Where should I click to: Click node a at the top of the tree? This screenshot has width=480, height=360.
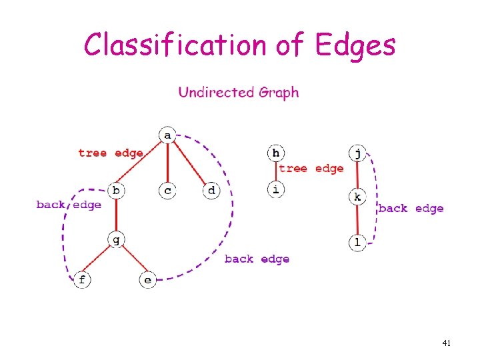pos(167,135)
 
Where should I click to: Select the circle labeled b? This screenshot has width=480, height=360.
pos(116,191)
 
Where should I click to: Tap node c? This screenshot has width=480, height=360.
pos(167,191)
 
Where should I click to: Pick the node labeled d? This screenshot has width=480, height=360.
pos(211,191)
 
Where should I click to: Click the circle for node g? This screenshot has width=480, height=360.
pos(116,239)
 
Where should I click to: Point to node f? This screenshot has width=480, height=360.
pos(82,279)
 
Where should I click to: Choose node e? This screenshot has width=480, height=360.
pos(148,279)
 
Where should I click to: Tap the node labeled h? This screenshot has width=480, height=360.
pos(276,153)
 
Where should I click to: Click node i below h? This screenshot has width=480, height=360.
pos(276,189)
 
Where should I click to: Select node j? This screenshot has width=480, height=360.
pos(357,153)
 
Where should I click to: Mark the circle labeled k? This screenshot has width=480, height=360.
pos(357,197)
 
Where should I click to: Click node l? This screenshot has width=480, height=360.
pos(357,243)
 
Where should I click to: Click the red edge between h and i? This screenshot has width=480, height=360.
pos(276,171)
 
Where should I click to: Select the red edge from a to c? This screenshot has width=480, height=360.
pos(168,163)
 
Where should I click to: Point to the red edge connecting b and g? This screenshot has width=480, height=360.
pos(116,215)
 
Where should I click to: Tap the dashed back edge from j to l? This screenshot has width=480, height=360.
pos(376,199)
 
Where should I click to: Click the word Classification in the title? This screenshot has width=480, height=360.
pos(175,45)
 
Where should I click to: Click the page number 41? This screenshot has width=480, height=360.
pos(446,343)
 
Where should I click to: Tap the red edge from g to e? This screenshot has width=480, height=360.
pos(135,259)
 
